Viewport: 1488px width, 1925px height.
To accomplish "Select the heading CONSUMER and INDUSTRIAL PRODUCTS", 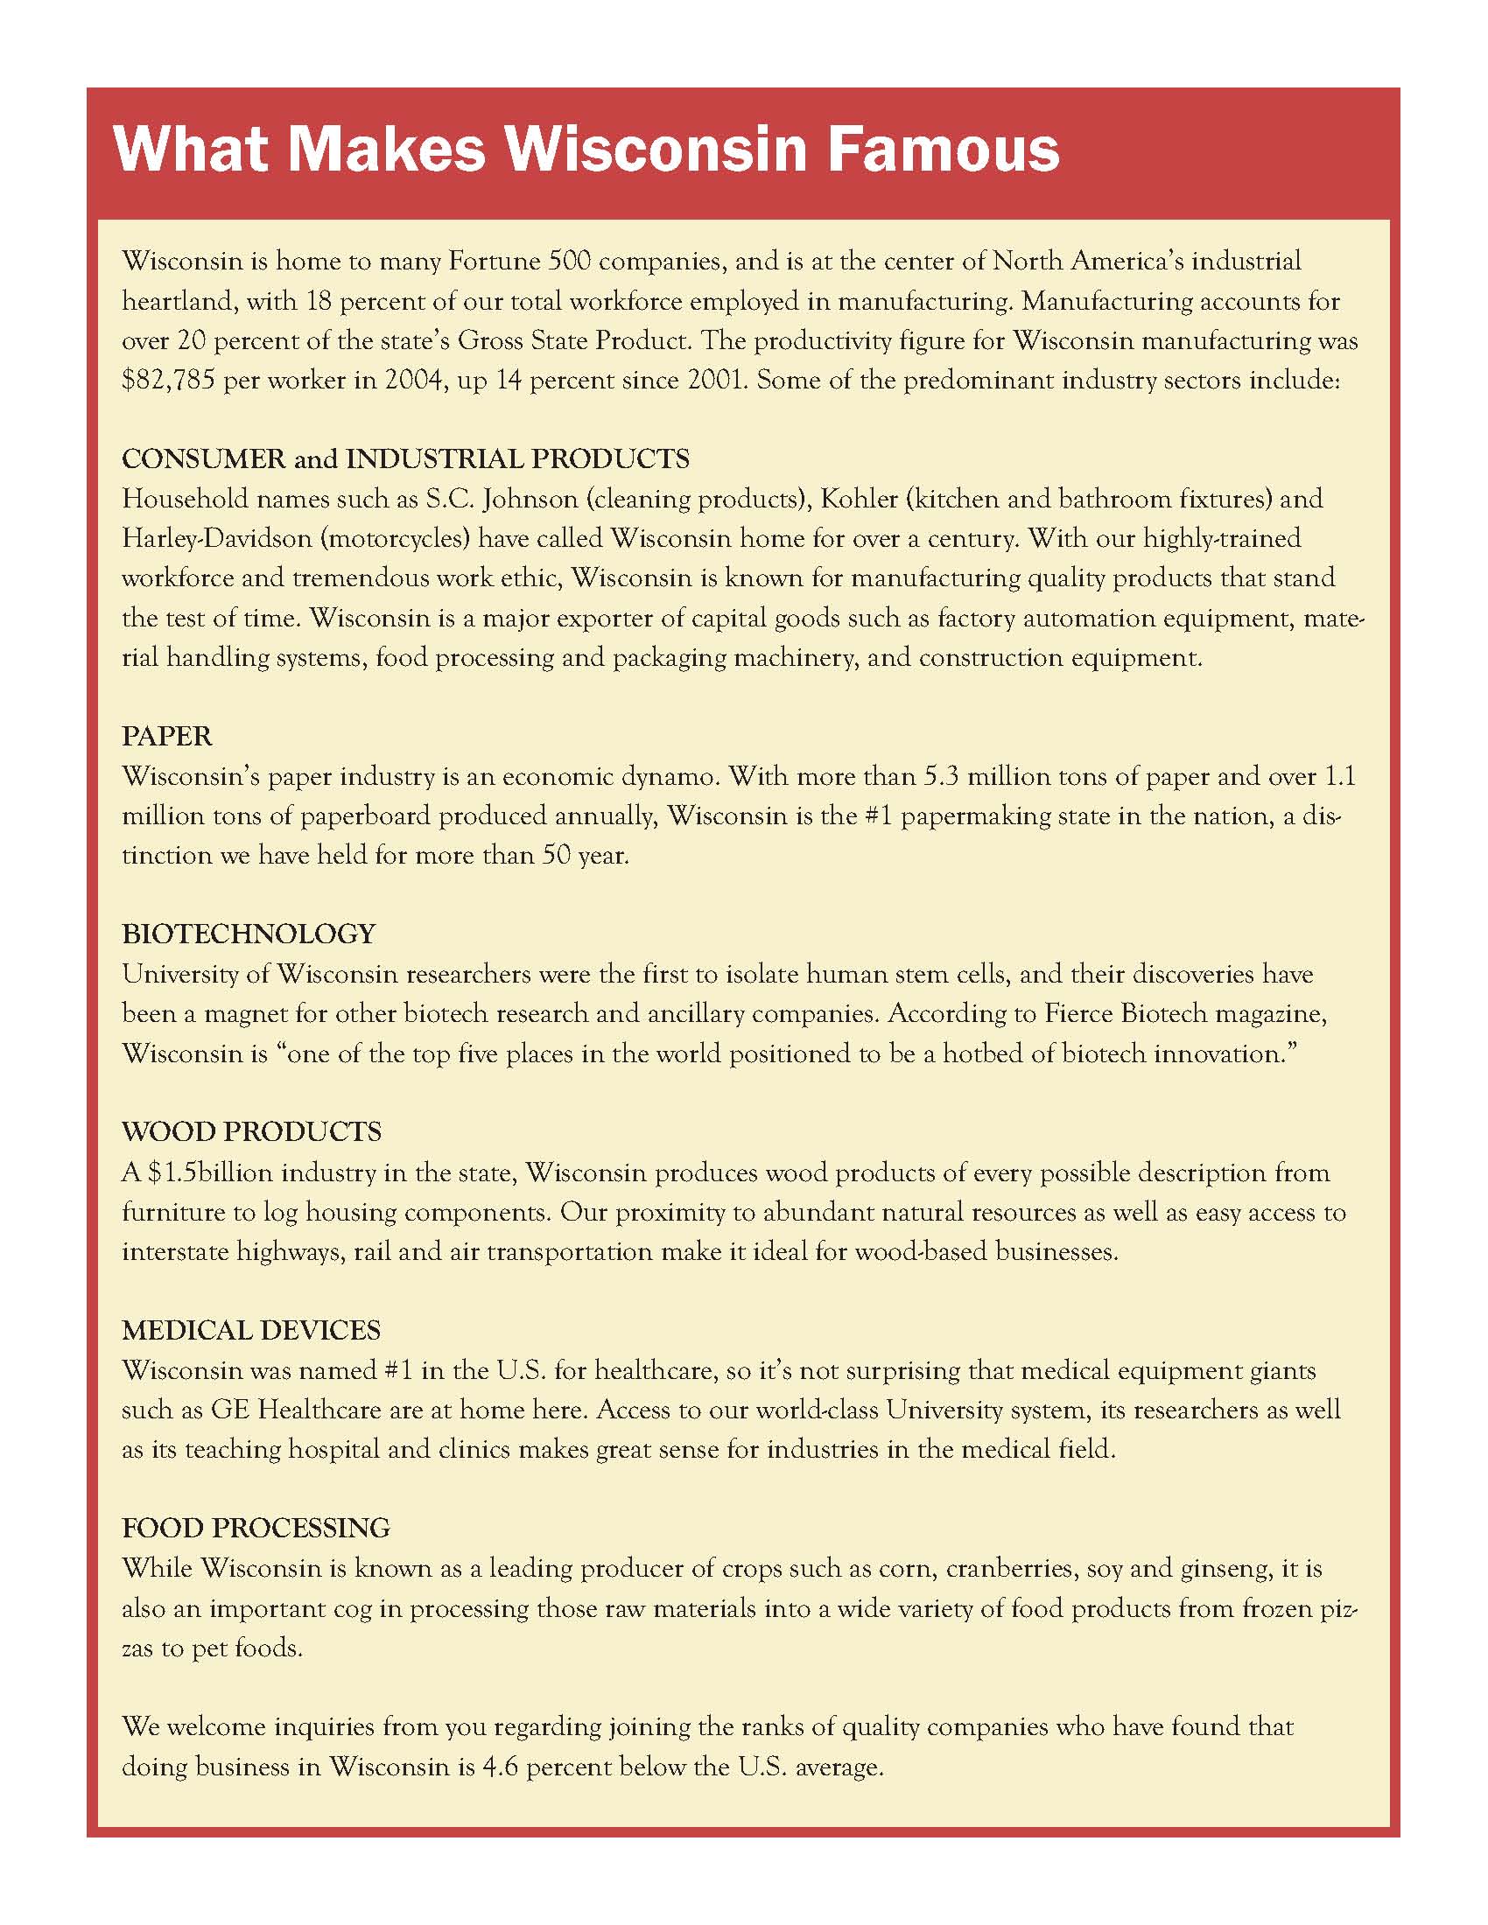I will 405,459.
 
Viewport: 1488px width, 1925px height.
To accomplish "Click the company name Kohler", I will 859,499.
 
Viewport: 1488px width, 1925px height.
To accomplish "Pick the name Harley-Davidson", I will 217,538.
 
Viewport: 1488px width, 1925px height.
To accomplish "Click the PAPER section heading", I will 166,737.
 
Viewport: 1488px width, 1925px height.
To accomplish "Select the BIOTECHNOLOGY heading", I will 249,934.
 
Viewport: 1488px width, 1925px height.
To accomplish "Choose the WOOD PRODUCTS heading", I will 251,1132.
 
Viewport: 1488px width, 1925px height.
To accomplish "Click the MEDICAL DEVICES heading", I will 251,1330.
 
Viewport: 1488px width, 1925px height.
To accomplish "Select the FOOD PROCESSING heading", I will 256,1529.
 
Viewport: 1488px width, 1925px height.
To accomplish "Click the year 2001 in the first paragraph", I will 705,381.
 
